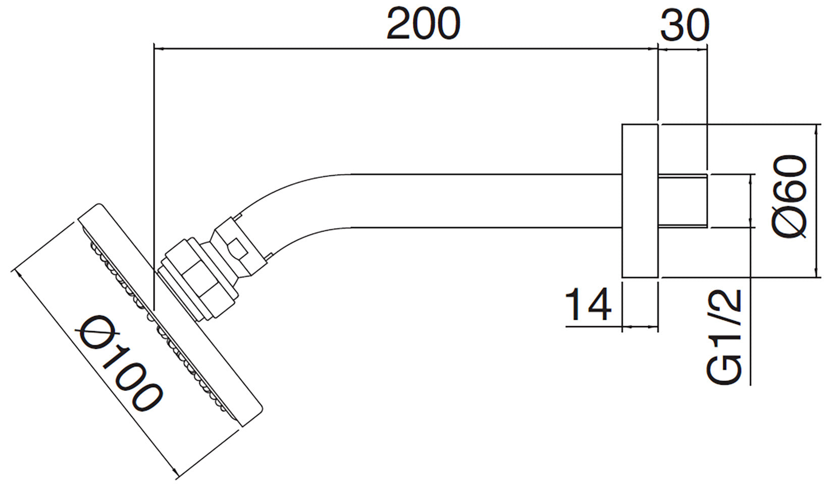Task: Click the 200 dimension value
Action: [x=423, y=24]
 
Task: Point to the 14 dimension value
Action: [x=588, y=305]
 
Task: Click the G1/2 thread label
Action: [x=724, y=337]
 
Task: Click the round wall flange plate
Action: [x=640, y=201]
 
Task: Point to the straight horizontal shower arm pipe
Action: [x=480, y=201]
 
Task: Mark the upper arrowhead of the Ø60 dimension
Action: [x=816, y=129]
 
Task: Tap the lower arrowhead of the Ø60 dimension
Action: [x=816, y=273]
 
